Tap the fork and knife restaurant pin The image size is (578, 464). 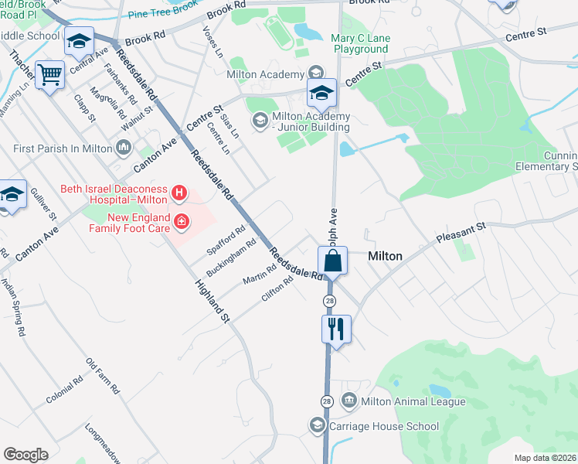(336, 329)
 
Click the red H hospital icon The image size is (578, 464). (179, 192)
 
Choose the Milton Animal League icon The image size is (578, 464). (349, 401)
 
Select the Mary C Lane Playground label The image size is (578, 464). (360, 43)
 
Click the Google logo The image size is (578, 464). (25, 455)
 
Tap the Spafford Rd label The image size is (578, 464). (226, 241)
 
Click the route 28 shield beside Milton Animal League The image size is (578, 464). (327, 401)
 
